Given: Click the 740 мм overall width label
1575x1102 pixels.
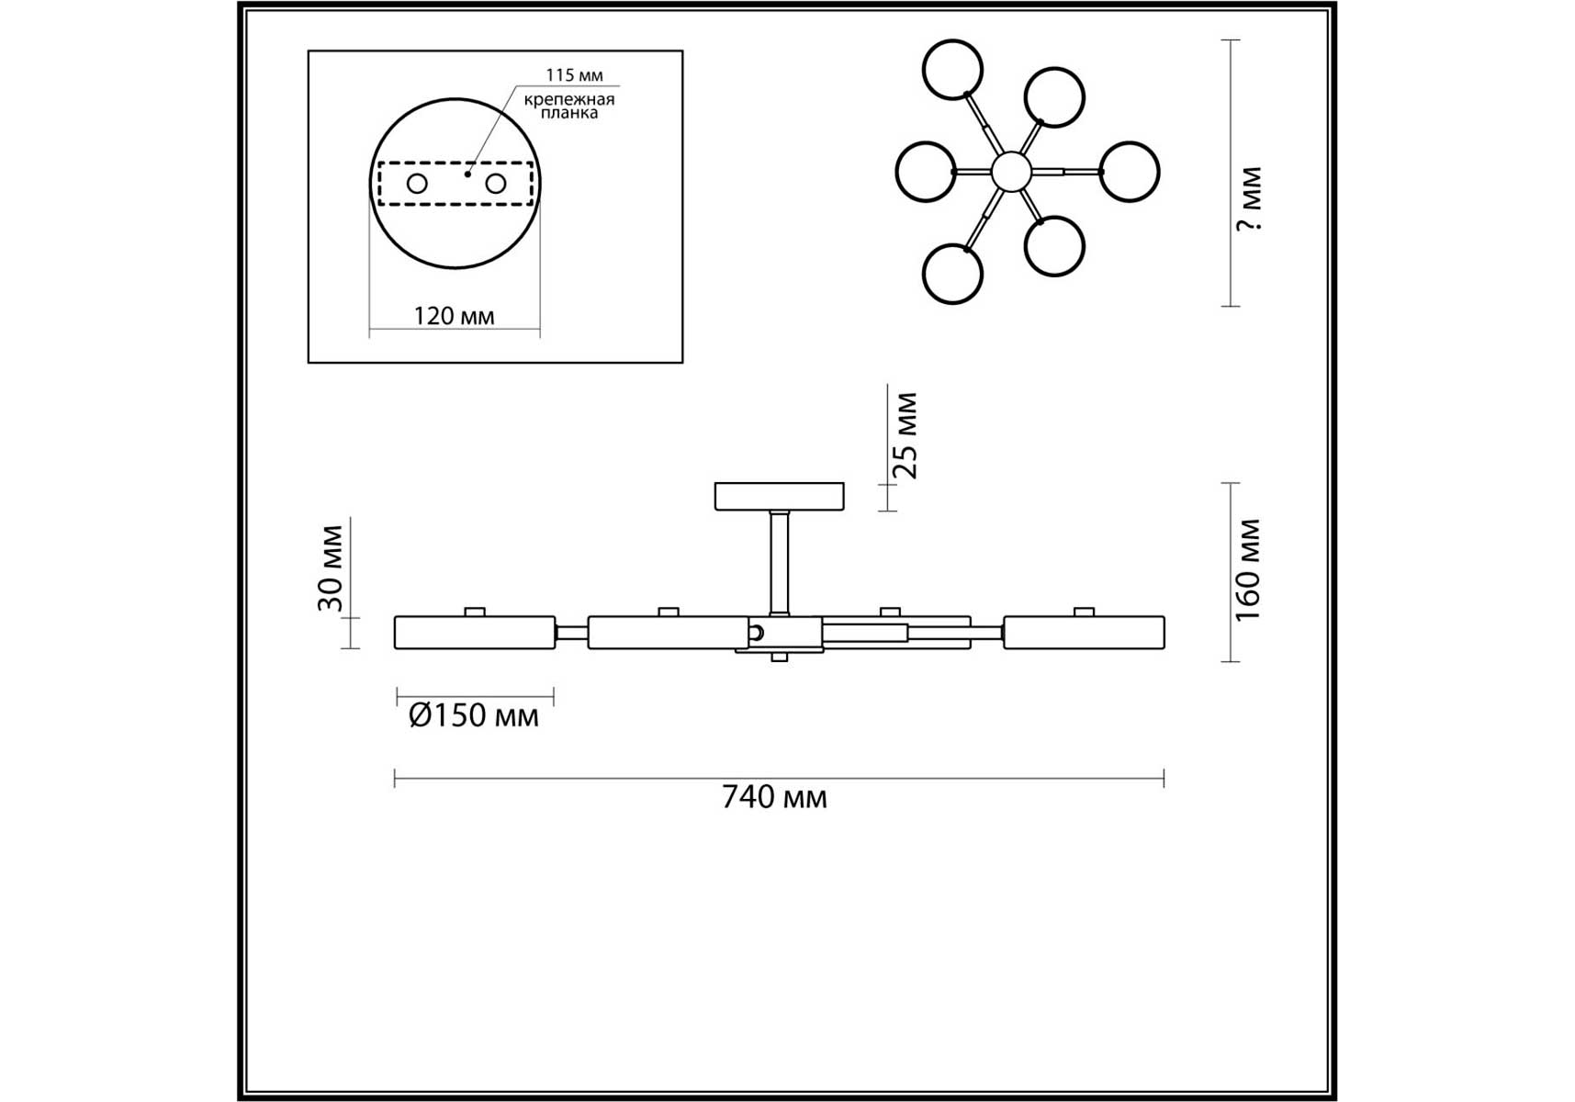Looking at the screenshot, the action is click(x=774, y=797).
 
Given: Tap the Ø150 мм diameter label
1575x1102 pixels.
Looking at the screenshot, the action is click(x=474, y=715).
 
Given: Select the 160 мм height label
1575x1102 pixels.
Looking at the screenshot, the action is click(x=1249, y=570).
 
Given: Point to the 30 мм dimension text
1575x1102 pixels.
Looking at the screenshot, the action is click(x=331, y=568).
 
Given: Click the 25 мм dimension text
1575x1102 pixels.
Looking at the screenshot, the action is click(x=906, y=435).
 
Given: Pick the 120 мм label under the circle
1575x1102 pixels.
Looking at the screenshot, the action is click(x=454, y=317).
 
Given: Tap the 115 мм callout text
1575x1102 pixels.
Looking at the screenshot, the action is click(x=574, y=75).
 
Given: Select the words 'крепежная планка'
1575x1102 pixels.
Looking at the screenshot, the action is click(x=569, y=106).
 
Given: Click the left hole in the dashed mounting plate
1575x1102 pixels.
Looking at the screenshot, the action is click(x=417, y=184).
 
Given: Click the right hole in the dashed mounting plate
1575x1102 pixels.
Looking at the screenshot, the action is click(x=496, y=184).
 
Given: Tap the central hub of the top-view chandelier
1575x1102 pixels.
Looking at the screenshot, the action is click(x=1011, y=172).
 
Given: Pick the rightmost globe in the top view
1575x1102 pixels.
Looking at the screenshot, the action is click(x=1129, y=172).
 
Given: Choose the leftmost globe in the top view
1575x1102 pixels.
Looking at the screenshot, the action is click(x=926, y=172).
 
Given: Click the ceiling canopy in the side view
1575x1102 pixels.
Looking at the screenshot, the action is click(x=780, y=496).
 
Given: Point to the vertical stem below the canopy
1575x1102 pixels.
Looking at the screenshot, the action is click(x=780, y=562).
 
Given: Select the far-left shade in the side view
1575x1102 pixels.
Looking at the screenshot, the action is click(x=475, y=633).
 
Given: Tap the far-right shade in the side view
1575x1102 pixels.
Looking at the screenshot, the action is click(x=1084, y=633).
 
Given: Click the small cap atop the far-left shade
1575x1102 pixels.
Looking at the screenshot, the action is click(x=475, y=612).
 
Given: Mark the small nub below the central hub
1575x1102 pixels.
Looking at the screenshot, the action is click(x=780, y=657).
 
